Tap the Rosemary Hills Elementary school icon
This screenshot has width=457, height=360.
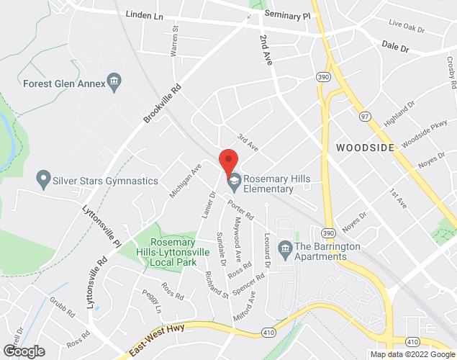pos(233,184)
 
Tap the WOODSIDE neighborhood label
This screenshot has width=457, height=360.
pos(365,148)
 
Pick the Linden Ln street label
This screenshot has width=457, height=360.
pos(143,14)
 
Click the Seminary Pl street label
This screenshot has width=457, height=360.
pos(286,14)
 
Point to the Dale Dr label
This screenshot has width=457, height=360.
pos(395,48)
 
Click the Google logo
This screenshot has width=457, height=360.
pos(24,351)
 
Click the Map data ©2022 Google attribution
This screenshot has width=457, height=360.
pos(412,354)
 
